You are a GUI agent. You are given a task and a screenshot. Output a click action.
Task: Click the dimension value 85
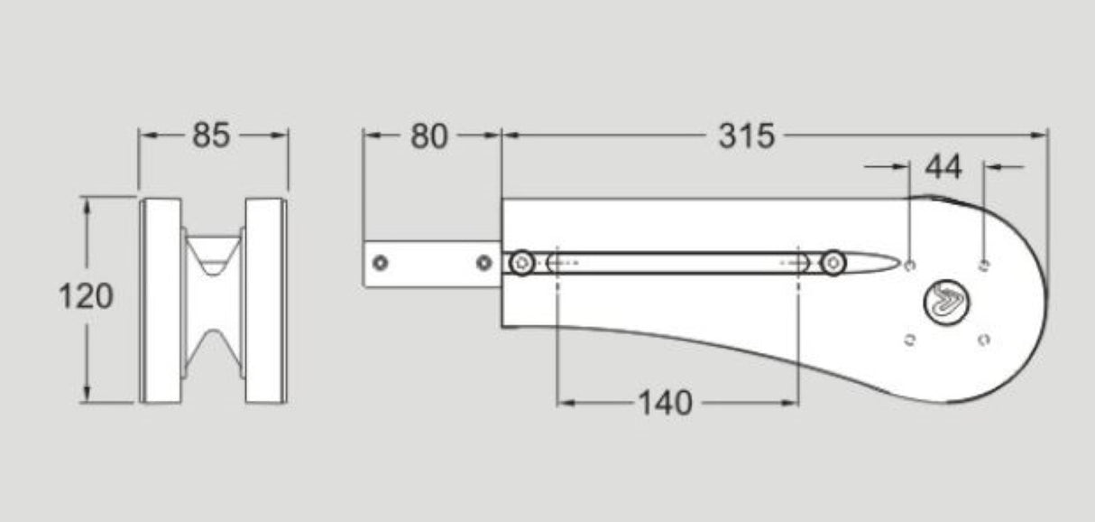[212, 135]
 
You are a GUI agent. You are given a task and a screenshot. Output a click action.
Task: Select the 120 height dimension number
[86, 296]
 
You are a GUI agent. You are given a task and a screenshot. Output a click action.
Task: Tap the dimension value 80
[429, 136]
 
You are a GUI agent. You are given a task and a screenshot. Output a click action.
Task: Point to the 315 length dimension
[746, 136]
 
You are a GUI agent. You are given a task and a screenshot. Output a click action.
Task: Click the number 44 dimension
[943, 167]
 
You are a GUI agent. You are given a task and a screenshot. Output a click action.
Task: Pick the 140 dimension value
[666, 403]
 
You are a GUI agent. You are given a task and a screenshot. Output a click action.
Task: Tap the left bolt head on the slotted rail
[522, 264]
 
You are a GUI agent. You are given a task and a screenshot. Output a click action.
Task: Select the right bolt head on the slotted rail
[833, 264]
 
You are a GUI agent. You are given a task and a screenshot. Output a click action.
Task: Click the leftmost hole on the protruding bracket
[381, 263]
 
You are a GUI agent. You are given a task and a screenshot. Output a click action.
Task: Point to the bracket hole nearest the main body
[484, 263]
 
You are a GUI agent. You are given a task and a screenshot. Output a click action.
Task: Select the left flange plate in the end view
[161, 300]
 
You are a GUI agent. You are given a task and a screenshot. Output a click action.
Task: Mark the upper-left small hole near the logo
[909, 265]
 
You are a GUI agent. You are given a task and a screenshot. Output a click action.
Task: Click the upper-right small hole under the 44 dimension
[984, 265]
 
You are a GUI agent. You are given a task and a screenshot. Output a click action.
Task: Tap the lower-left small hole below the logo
[909, 340]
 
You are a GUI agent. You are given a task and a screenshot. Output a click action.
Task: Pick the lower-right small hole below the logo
[984, 340]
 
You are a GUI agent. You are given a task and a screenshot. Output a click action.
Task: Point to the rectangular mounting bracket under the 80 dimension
[431, 264]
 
